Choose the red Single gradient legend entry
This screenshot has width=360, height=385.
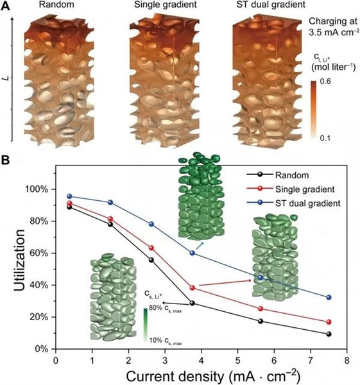point(302,189)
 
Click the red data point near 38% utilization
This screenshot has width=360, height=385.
point(193,287)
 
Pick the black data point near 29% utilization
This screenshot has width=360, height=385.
point(193,303)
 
